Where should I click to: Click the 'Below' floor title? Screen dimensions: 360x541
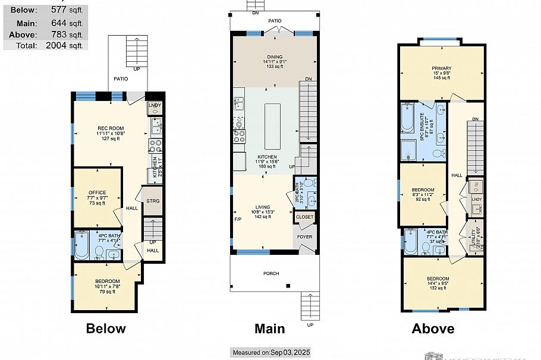coord(106,329)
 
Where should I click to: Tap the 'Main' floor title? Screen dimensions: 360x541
coord(269,329)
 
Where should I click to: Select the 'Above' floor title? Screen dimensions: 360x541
coord(433,329)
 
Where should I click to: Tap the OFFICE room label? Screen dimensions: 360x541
coord(97,192)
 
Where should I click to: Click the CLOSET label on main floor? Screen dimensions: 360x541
coord(304,217)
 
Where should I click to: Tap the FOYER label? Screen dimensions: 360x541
coord(304,236)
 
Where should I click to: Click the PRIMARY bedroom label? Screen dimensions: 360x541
coord(441,68)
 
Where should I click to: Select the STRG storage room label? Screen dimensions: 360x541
coord(152,201)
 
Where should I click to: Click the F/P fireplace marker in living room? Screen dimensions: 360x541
coord(238,219)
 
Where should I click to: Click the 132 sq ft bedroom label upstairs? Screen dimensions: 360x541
coord(438,279)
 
